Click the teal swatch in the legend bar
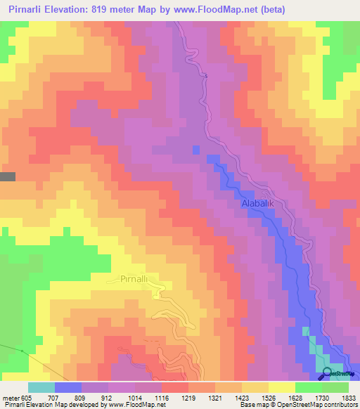tap(41, 387)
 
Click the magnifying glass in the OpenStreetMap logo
tap(328, 373)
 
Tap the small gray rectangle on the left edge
tap(7, 177)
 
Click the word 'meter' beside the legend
tap(9, 397)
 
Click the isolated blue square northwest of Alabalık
tap(195, 149)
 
